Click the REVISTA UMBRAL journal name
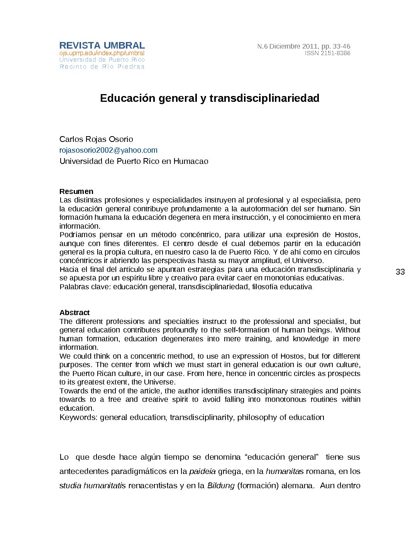click(102, 46)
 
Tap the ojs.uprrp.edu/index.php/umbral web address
click(102, 53)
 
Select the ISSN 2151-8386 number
click(327, 53)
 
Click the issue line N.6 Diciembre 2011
click(304, 46)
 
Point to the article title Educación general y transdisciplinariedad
click(210, 98)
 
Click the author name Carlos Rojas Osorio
click(96, 139)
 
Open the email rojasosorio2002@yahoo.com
click(108, 150)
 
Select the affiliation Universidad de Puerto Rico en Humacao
click(134, 161)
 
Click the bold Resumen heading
click(76, 191)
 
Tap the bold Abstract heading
click(75, 312)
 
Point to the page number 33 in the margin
click(400, 272)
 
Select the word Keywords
click(78, 417)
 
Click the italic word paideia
click(202, 471)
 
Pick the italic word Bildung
click(221, 486)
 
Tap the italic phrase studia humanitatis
click(93, 486)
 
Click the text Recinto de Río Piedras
click(102, 67)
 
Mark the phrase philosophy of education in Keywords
click(281, 417)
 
